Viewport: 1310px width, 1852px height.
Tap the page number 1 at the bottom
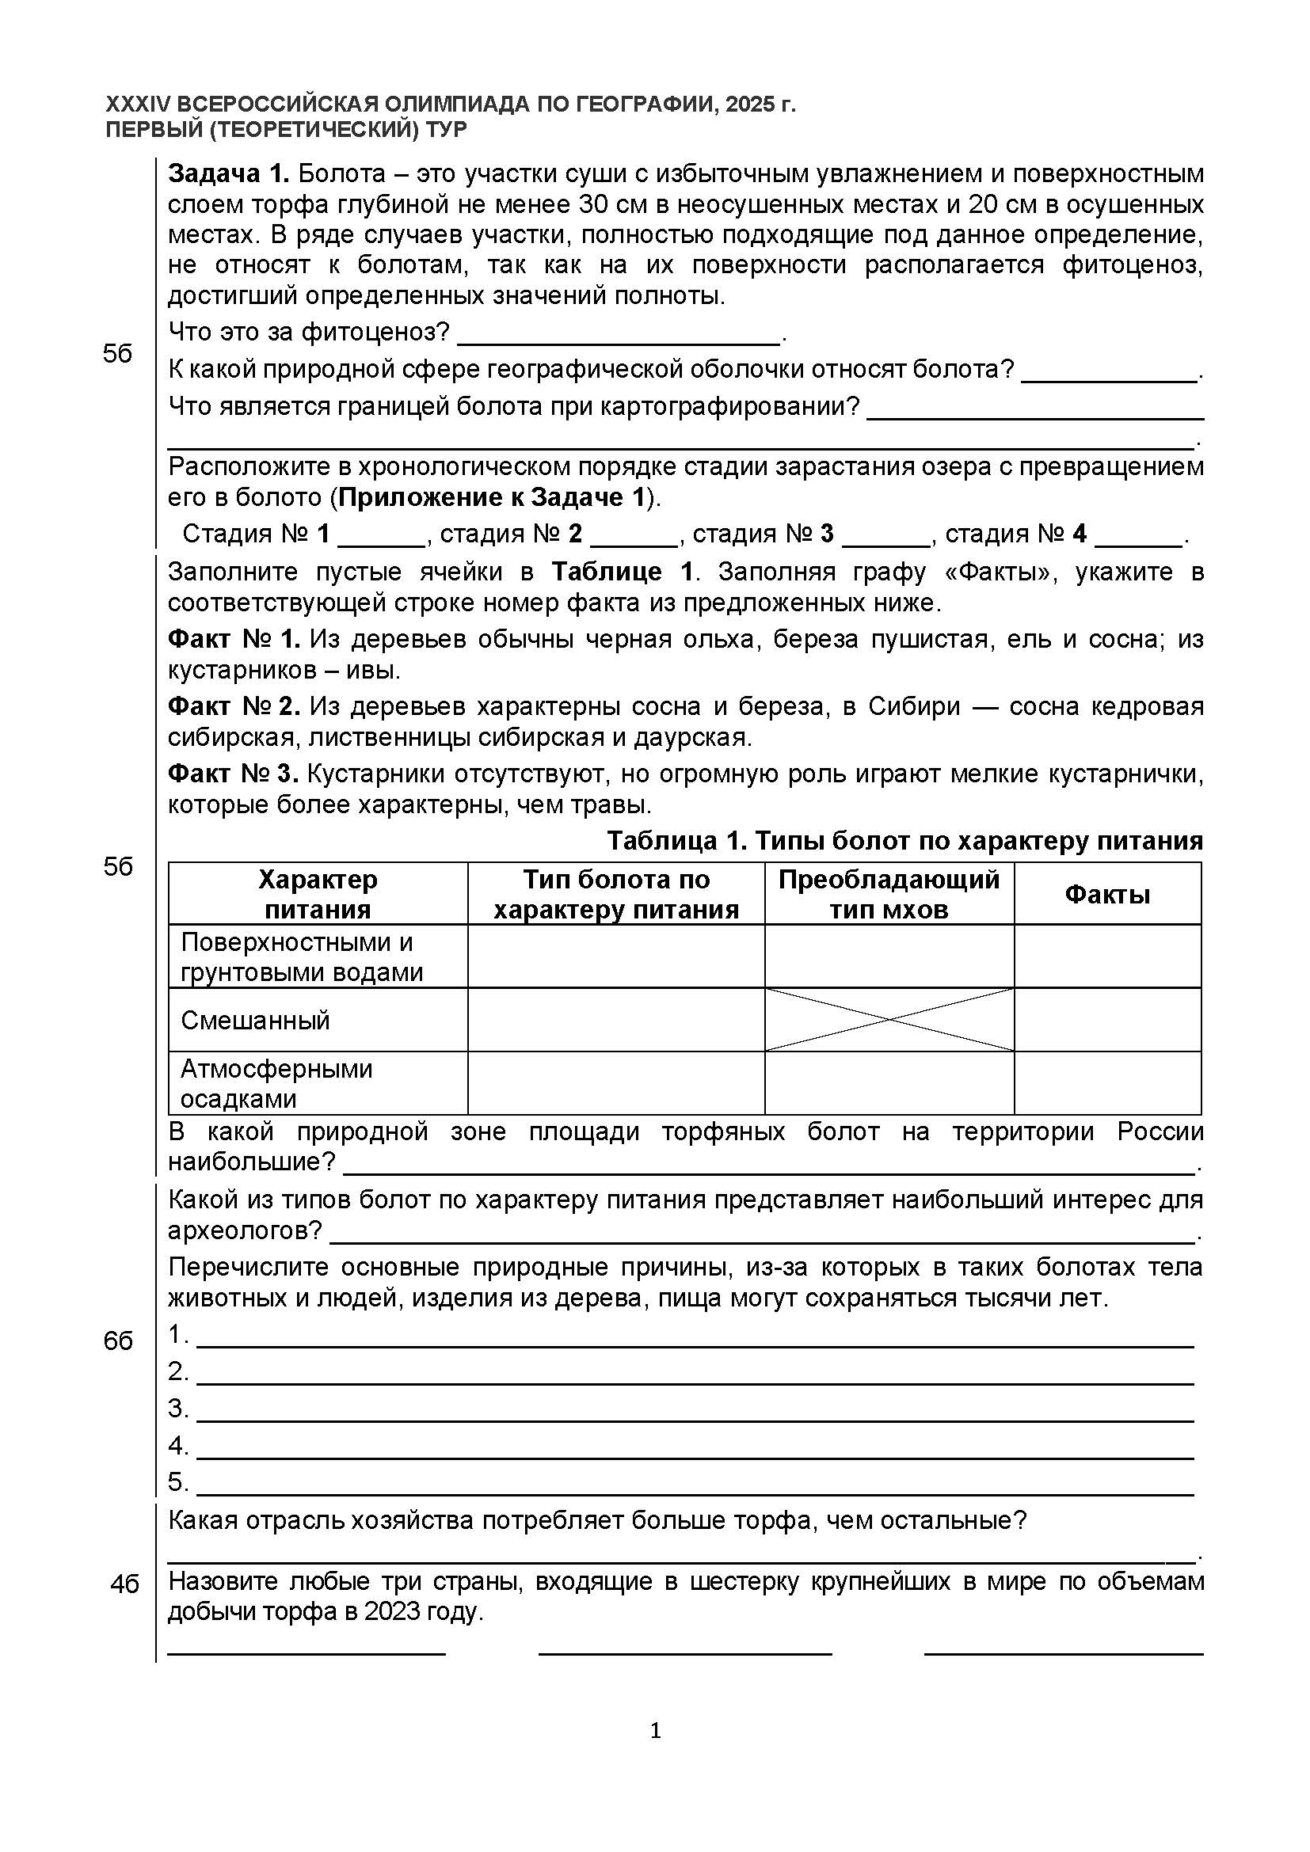click(x=655, y=1731)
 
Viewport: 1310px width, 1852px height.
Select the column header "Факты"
click(x=1106, y=894)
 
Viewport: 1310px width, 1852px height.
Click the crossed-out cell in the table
click(x=889, y=1020)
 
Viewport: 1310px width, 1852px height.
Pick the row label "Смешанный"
click(x=255, y=1021)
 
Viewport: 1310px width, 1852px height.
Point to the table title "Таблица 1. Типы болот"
click(x=904, y=841)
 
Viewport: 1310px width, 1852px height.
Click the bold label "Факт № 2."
click(x=234, y=706)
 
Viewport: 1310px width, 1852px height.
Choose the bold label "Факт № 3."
click(x=234, y=774)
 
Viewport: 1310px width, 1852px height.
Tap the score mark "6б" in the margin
click(x=118, y=1341)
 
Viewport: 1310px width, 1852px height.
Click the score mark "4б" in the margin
click(x=124, y=1584)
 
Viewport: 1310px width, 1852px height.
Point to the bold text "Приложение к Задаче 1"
click(x=491, y=498)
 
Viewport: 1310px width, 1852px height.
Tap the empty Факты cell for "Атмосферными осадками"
click(x=1106, y=1082)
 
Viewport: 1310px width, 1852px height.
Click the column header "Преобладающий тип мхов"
click(x=889, y=894)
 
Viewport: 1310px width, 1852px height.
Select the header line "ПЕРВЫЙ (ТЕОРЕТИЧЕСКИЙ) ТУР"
click(x=287, y=129)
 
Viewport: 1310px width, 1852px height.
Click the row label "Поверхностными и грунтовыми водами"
click(x=302, y=956)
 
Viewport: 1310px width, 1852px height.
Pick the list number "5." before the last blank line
click(x=178, y=1482)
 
